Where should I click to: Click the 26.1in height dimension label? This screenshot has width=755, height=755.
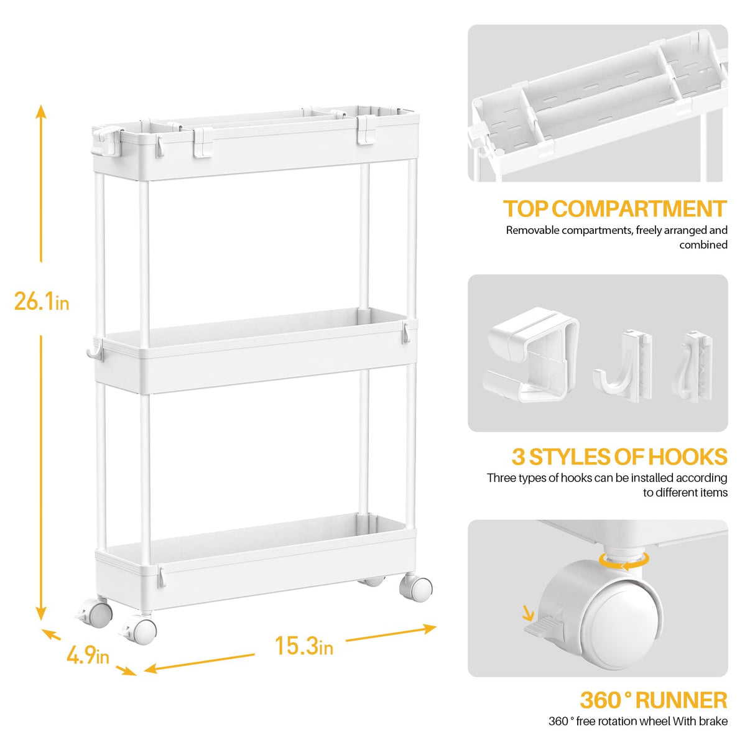pyautogui.click(x=41, y=302)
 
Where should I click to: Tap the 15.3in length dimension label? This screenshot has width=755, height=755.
pyautogui.click(x=303, y=646)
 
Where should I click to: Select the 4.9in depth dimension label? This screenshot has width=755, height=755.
pyautogui.click(x=88, y=655)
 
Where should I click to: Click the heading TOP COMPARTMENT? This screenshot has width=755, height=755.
pyautogui.click(x=614, y=209)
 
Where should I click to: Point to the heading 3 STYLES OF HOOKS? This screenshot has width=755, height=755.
pyautogui.click(x=619, y=457)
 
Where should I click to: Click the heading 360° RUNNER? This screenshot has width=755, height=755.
pyautogui.click(x=653, y=700)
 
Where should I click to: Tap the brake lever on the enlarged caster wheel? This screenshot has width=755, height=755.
pyautogui.click(x=540, y=628)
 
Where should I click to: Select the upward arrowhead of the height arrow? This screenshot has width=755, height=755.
pyautogui.click(x=41, y=112)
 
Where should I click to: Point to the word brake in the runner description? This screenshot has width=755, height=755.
pyautogui.click(x=713, y=721)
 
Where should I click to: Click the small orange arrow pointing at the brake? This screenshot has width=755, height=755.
pyautogui.click(x=528, y=614)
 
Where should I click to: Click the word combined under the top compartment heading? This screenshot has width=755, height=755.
pyautogui.click(x=703, y=245)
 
